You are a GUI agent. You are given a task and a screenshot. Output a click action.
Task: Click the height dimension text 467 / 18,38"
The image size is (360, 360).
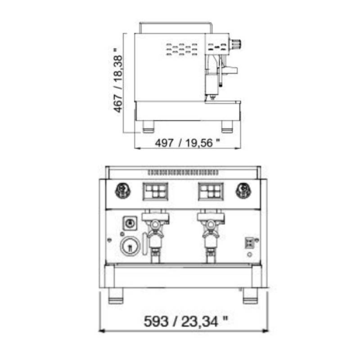(x=118, y=80)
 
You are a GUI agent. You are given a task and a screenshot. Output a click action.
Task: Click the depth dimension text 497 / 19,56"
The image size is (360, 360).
(x=187, y=143)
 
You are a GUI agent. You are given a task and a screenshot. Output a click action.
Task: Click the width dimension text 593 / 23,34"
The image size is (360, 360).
(x=186, y=321)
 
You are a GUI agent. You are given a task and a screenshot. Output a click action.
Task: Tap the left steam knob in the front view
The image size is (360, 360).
(x=123, y=190)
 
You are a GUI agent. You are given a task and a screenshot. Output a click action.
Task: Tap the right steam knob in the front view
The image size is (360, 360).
(x=243, y=190)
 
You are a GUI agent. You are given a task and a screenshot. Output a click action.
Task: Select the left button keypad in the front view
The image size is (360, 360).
(x=155, y=191)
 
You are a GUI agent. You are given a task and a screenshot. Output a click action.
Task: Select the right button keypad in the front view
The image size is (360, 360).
(x=211, y=191)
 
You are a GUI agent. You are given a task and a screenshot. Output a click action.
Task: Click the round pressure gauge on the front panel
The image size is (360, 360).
(x=130, y=246)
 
